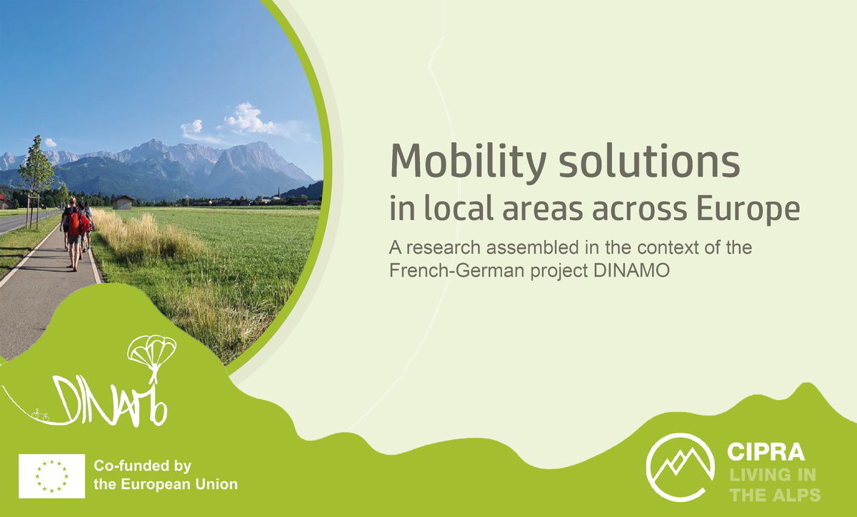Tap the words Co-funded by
click(143, 467)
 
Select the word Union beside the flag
click(215, 484)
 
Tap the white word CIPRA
click(766, 452)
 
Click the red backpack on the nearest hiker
click(74, 223)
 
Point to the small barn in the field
click(123, 202)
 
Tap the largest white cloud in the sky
click(246, 120)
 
